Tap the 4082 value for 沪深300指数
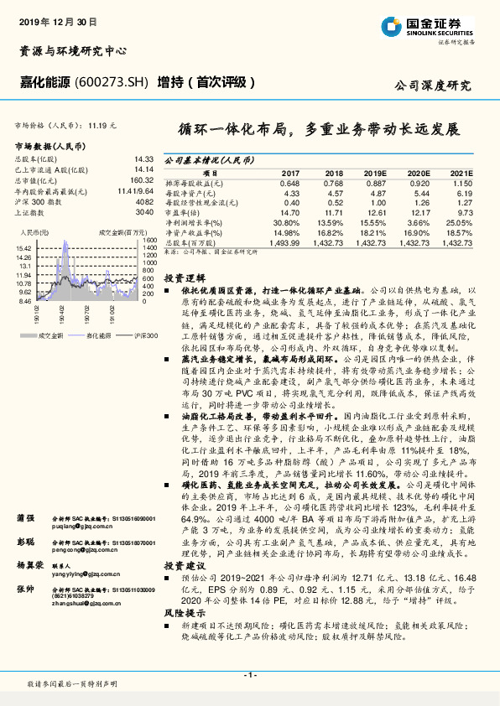click(x=145, y=201)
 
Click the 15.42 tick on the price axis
click(x=23, y=249)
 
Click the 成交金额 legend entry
click(x=50, y=335)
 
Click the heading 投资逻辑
click(x=184, y=276)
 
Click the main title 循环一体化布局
click(x=228, y=130)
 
